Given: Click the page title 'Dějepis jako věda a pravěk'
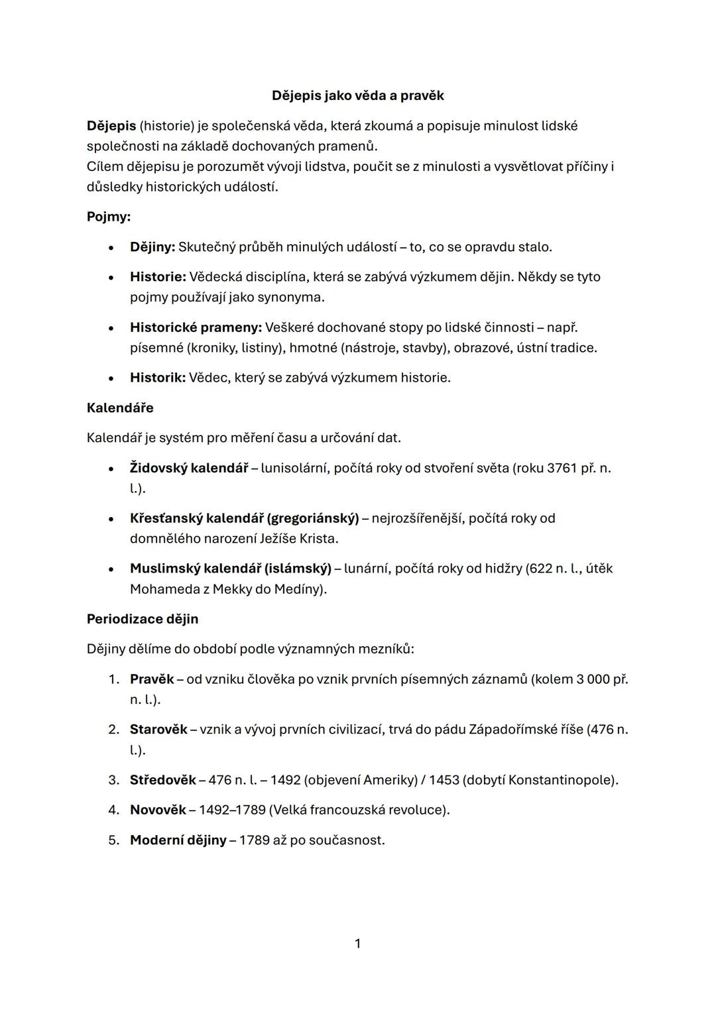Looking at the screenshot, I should (x=357, y=95).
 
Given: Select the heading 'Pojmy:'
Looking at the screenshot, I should (x=109, y=217).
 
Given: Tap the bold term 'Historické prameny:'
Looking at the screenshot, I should (x=196, y=327).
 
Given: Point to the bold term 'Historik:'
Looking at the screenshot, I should (x=158, y=378).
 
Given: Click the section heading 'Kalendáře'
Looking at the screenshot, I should (x=120, y=408).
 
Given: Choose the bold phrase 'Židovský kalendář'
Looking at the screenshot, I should (x=189, y=468).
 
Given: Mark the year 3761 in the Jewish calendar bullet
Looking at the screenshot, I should (x=562, y=468).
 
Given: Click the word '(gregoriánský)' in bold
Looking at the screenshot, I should (x=313, y=518).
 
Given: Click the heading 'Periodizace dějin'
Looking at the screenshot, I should (x=143, y=619).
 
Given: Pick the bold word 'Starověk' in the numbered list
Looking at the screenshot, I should (x=158, y=730).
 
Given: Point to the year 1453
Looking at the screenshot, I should (x=444, y=780).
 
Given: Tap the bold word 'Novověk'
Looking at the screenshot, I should (x=158, y=810).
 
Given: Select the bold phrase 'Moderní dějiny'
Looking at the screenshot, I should (x=178, y=840).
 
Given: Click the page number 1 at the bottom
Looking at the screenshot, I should (x=358, y=943).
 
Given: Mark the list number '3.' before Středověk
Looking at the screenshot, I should (x=114, y=780).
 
